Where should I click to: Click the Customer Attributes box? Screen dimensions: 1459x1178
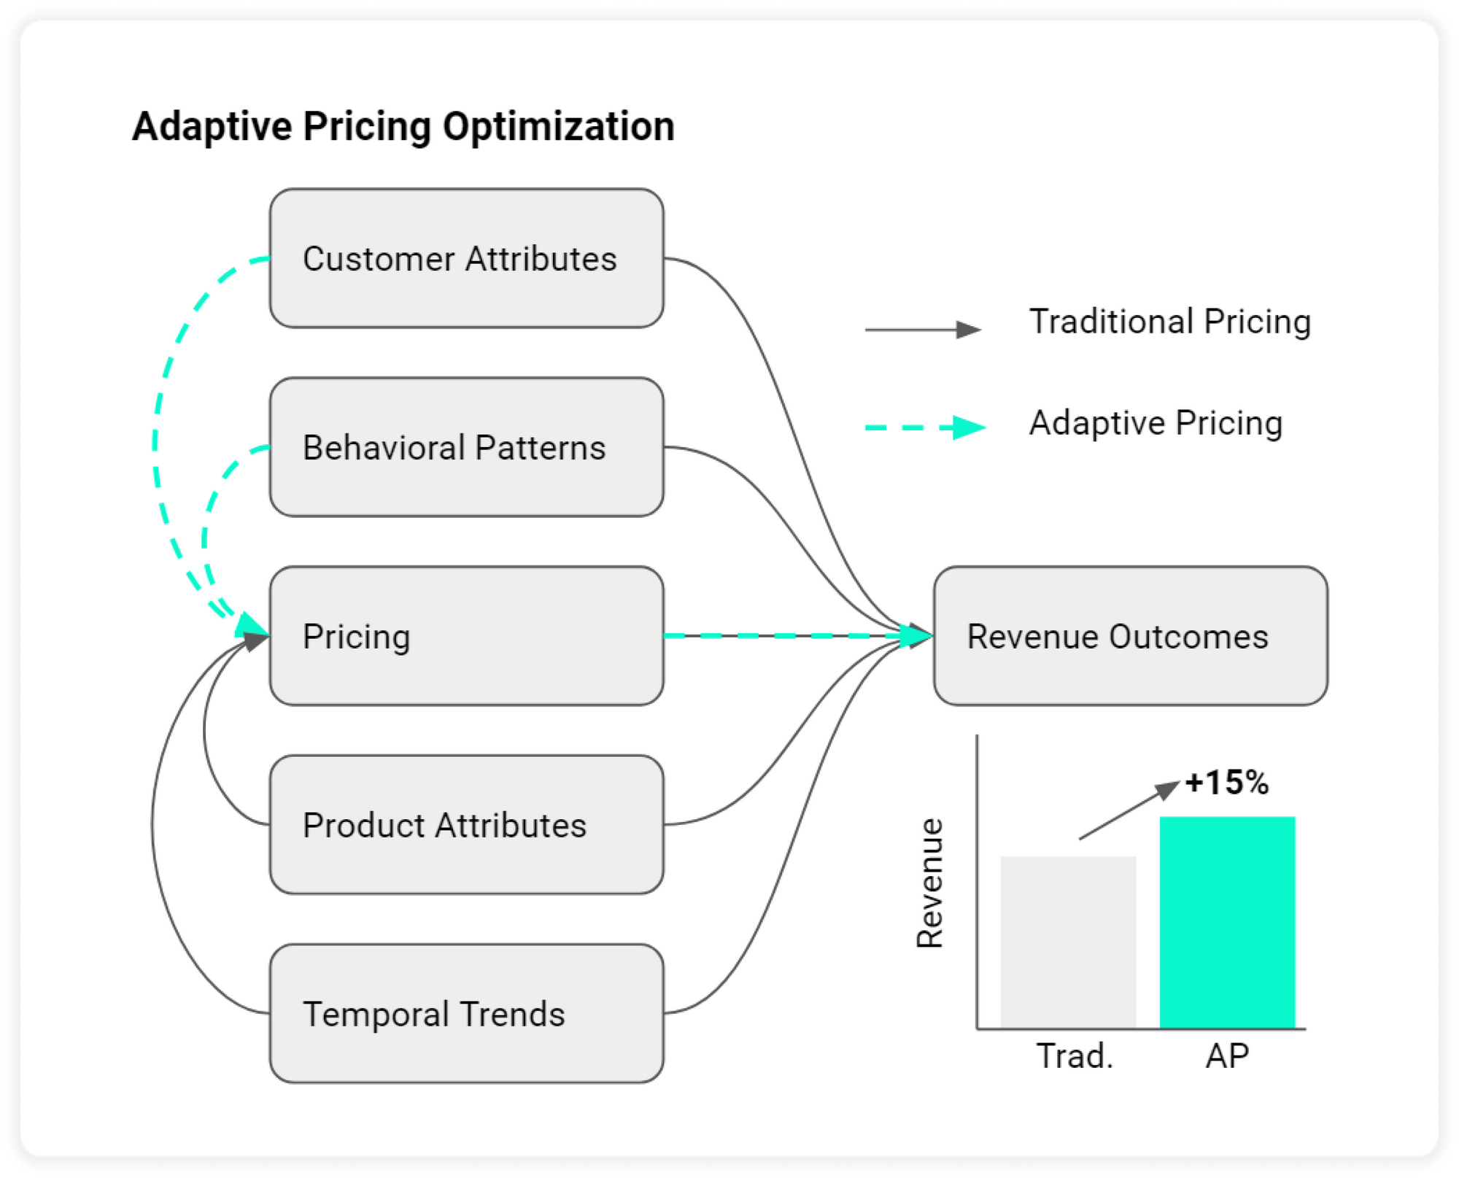point(467,258)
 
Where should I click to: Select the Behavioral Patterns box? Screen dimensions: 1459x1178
point(467,447)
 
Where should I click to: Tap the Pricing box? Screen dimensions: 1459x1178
point(467,636)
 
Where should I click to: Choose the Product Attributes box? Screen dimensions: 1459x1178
point(467,825)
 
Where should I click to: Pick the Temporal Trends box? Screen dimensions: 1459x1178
point(467,1014)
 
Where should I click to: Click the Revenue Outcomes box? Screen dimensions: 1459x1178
point(1131,636)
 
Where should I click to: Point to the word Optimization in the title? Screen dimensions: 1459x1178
point(559,127)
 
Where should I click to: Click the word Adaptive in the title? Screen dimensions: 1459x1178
point(212,127)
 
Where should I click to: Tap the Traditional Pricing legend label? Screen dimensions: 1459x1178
point(1170,322)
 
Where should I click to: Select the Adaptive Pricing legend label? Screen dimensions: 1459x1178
point(1156,423)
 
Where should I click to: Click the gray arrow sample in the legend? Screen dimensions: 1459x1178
point(924,330)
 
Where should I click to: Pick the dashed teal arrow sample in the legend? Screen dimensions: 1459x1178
point(926,427)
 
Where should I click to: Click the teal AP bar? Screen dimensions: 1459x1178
point(1228,923)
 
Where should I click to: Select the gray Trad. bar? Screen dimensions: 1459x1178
point(1068,942)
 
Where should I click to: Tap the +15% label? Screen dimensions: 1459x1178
point(1227,783)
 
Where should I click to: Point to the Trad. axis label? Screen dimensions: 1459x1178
point(1075,1056)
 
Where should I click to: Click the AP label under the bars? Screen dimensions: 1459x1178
point(1227,1056)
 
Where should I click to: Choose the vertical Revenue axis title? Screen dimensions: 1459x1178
point(930,883)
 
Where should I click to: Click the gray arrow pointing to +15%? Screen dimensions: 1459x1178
point(1130,810)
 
